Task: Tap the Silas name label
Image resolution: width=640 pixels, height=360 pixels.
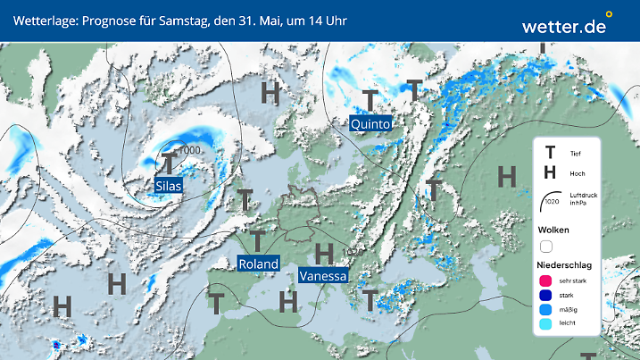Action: (168, 186)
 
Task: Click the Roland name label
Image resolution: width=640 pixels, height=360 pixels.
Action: (258, 263)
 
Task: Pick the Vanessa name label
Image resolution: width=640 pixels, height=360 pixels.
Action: (323, 276)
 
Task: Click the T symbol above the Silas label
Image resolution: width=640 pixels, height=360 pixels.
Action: (169, 163)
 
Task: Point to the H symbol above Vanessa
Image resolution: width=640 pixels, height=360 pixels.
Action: (325, 253)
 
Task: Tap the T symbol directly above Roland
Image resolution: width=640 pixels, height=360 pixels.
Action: (256, 239)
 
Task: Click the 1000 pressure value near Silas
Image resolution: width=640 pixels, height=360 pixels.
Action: (190, 150)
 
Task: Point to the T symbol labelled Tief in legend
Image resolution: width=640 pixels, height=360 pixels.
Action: (550, 154)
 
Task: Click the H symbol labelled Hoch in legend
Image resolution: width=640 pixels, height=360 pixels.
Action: (550, 172)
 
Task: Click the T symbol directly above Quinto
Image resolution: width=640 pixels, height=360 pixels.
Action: (370, 99)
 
